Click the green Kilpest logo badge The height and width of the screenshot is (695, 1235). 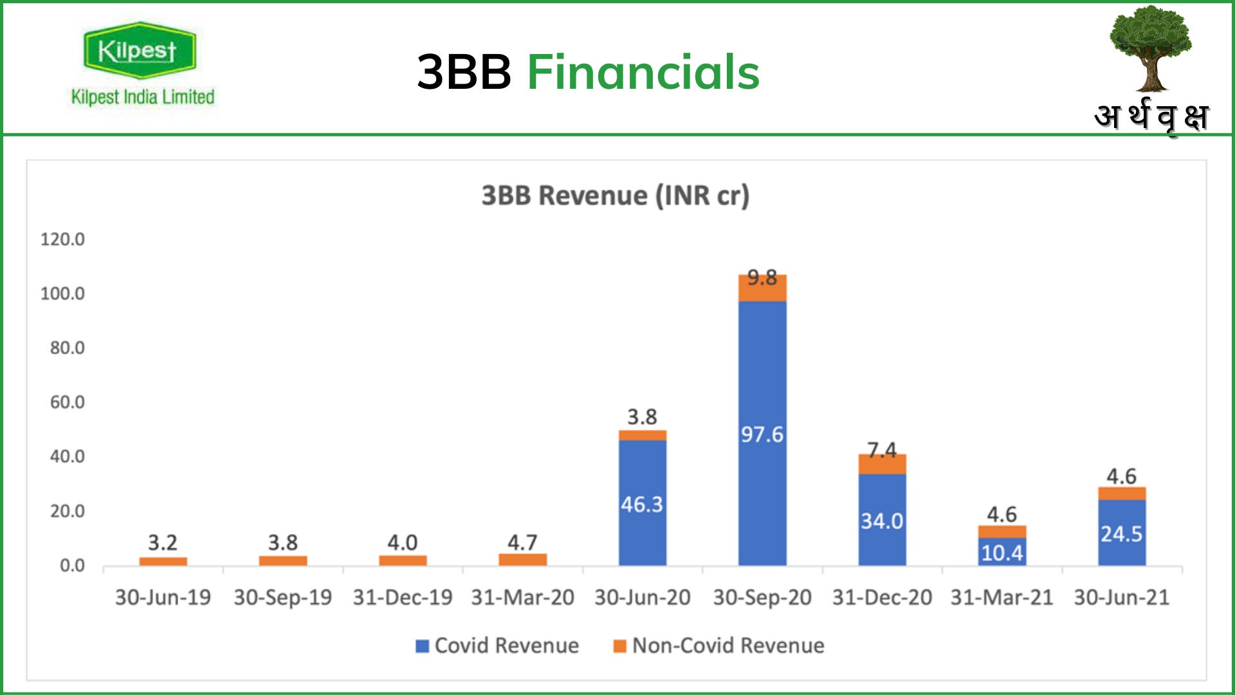[139, 51]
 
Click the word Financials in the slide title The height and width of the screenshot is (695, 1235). [643, 72]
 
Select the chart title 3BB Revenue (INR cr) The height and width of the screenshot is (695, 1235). [616, 196]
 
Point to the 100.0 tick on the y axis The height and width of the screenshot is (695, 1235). [62, 293]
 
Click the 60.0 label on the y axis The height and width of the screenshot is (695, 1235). [67, 402]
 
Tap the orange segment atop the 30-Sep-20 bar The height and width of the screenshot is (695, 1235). [762, 290]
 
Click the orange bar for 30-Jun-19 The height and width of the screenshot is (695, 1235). [163, 561]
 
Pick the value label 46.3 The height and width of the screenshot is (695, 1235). [642, 505]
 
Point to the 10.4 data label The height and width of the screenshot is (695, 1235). [1002, 553]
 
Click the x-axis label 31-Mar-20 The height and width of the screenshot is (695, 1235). [522, 598]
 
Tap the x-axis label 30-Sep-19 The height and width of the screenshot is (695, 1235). [282, 598]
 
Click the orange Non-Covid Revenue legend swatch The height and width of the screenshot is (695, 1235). [619, 646]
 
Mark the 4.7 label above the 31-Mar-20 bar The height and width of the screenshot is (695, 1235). [522, 542]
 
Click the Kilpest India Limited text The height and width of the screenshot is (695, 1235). [143, 97]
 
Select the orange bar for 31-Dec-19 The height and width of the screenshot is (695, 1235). [403, 561]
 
